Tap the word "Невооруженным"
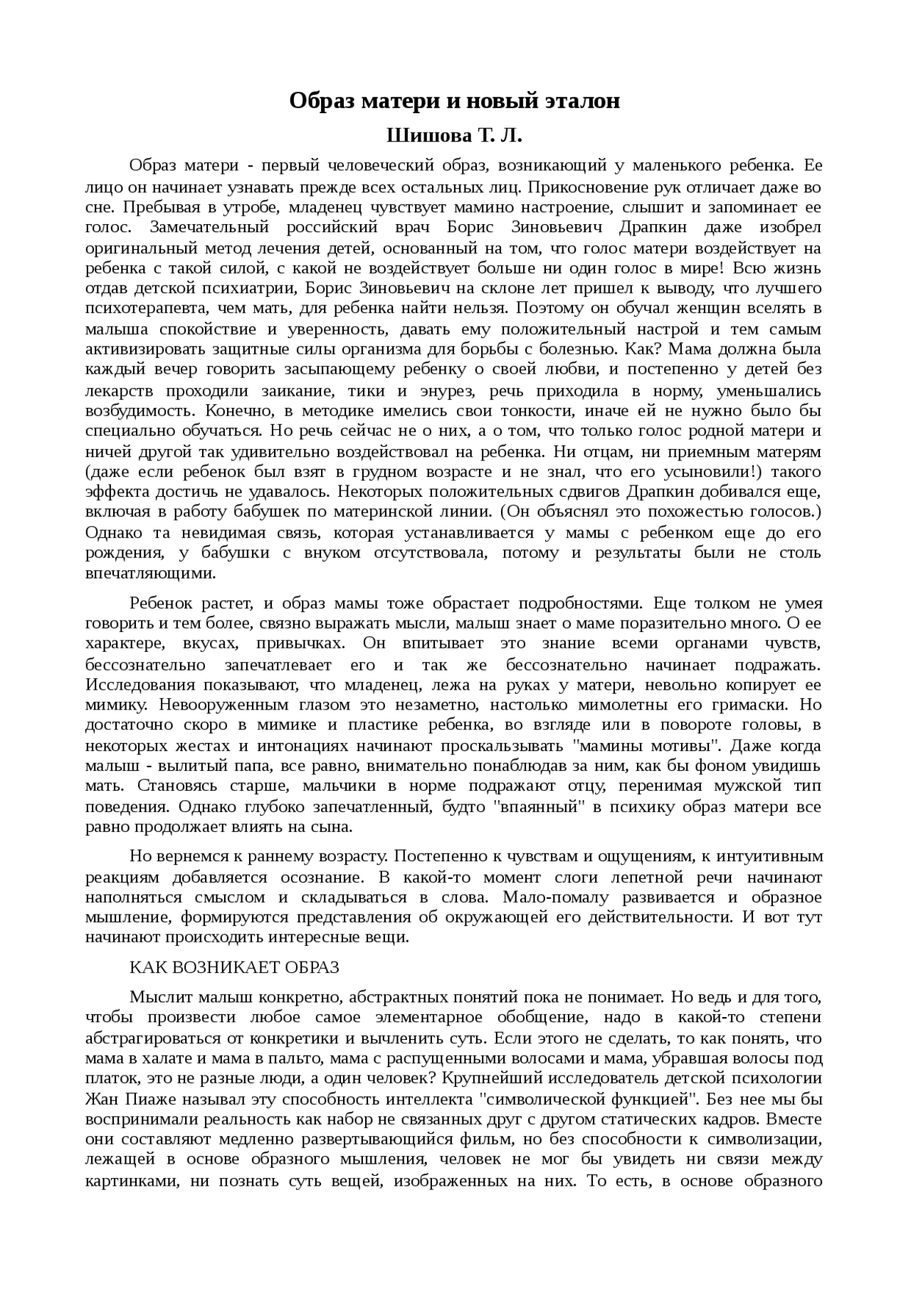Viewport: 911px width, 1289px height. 223,705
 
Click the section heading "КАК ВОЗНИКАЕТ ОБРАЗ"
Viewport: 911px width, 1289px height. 234,967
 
